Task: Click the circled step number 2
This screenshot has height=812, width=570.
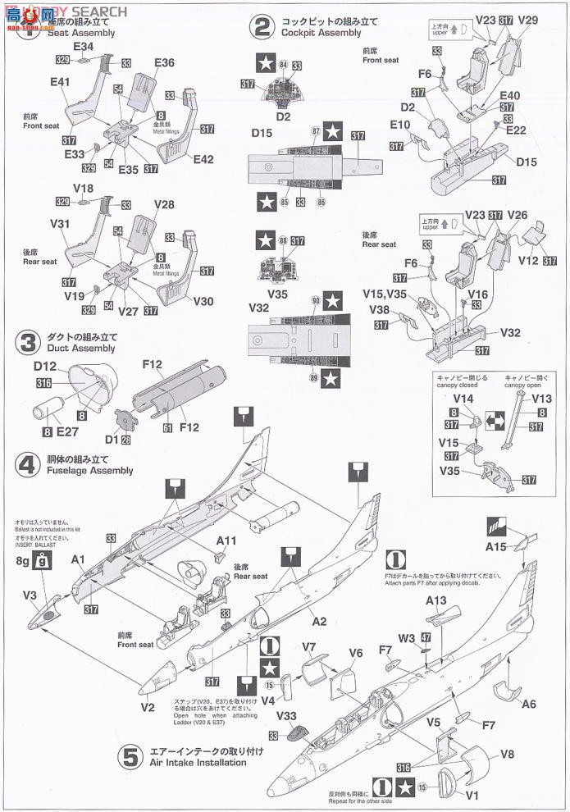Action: tap(262, 28)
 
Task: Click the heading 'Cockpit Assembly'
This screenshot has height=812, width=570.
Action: tap(320, 34)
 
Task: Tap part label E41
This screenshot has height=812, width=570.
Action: tap(59, 82)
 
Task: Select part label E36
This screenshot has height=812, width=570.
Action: tap(164, 63)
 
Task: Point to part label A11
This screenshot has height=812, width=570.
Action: tap(226, 541)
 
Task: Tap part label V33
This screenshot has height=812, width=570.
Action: tap(286, 715)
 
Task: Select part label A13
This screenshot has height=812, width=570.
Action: tap(435, 601)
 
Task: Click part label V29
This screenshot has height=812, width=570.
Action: tap(528, 20)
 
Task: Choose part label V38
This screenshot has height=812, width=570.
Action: tap(379, 311)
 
